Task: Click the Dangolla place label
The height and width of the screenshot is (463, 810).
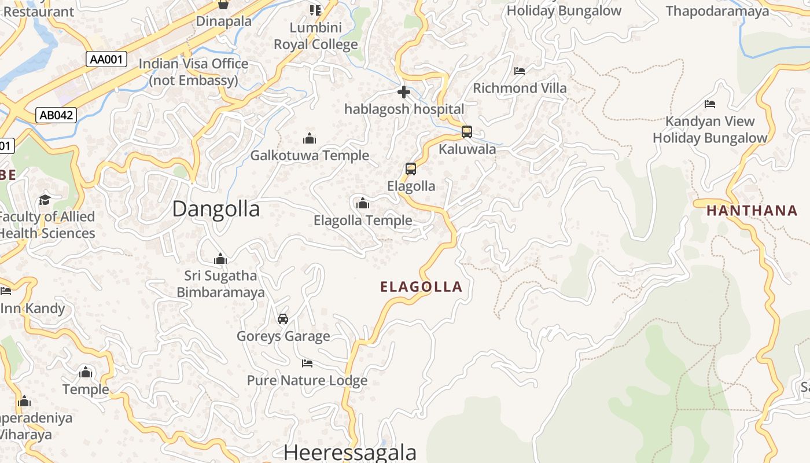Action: coord(216,209)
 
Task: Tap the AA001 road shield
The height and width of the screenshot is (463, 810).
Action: coord(108,59)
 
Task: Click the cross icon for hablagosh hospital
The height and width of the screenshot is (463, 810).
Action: coord(404,92)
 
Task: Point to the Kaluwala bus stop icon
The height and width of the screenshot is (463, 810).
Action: coord(467,132)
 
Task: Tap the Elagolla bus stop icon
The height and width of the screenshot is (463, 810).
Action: coord(411,169)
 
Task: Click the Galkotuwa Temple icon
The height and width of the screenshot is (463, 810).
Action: coord(310,138)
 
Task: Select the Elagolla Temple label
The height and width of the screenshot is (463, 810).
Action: coord(363,221)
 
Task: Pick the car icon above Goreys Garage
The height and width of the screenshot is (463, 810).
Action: coord(283,319)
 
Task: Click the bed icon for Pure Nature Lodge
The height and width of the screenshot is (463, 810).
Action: coord(307,363)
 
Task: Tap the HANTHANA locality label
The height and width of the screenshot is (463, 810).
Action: coord(752,211)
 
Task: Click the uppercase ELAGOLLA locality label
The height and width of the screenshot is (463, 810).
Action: coord(421,286)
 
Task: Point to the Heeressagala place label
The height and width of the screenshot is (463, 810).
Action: coord(349,452)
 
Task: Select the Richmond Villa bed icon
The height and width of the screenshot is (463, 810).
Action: coord(520,71)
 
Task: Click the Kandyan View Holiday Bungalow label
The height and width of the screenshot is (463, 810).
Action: coord(710,130)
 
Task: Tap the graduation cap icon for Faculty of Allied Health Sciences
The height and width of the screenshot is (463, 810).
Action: coord(45,200)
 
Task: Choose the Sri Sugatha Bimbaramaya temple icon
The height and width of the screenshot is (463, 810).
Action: coord(220,259)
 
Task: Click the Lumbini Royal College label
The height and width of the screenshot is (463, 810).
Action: coord(316,36)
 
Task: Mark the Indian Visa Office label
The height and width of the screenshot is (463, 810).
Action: coord(193,72)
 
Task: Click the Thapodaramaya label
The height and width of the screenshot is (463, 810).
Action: coord(717,10)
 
